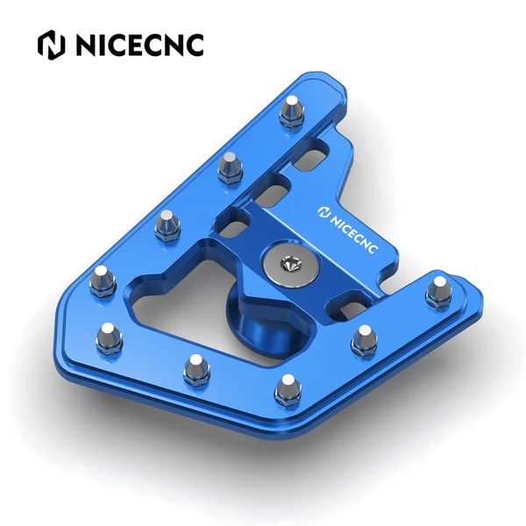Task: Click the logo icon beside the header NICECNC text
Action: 51,43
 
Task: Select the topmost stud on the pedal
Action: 292,111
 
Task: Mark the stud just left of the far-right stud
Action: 361,340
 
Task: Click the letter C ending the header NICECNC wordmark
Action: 191,43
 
